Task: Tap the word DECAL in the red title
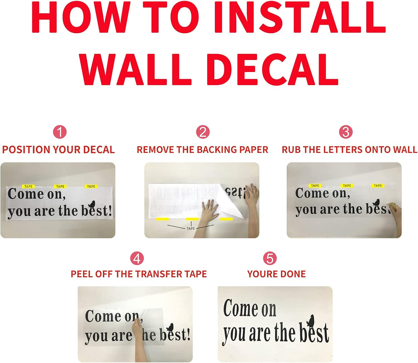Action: [273, 69]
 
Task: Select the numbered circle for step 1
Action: [60, 132]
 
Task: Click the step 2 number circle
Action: [203, 132]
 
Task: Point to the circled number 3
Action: [346, 132]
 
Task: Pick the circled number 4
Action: [137, 258]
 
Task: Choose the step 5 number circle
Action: [270, 258]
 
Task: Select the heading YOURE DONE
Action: [276, 274]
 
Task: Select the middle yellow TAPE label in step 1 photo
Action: [60, 187]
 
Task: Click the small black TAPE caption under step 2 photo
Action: [191, 229]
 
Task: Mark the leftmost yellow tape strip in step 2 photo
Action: [162, 219]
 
